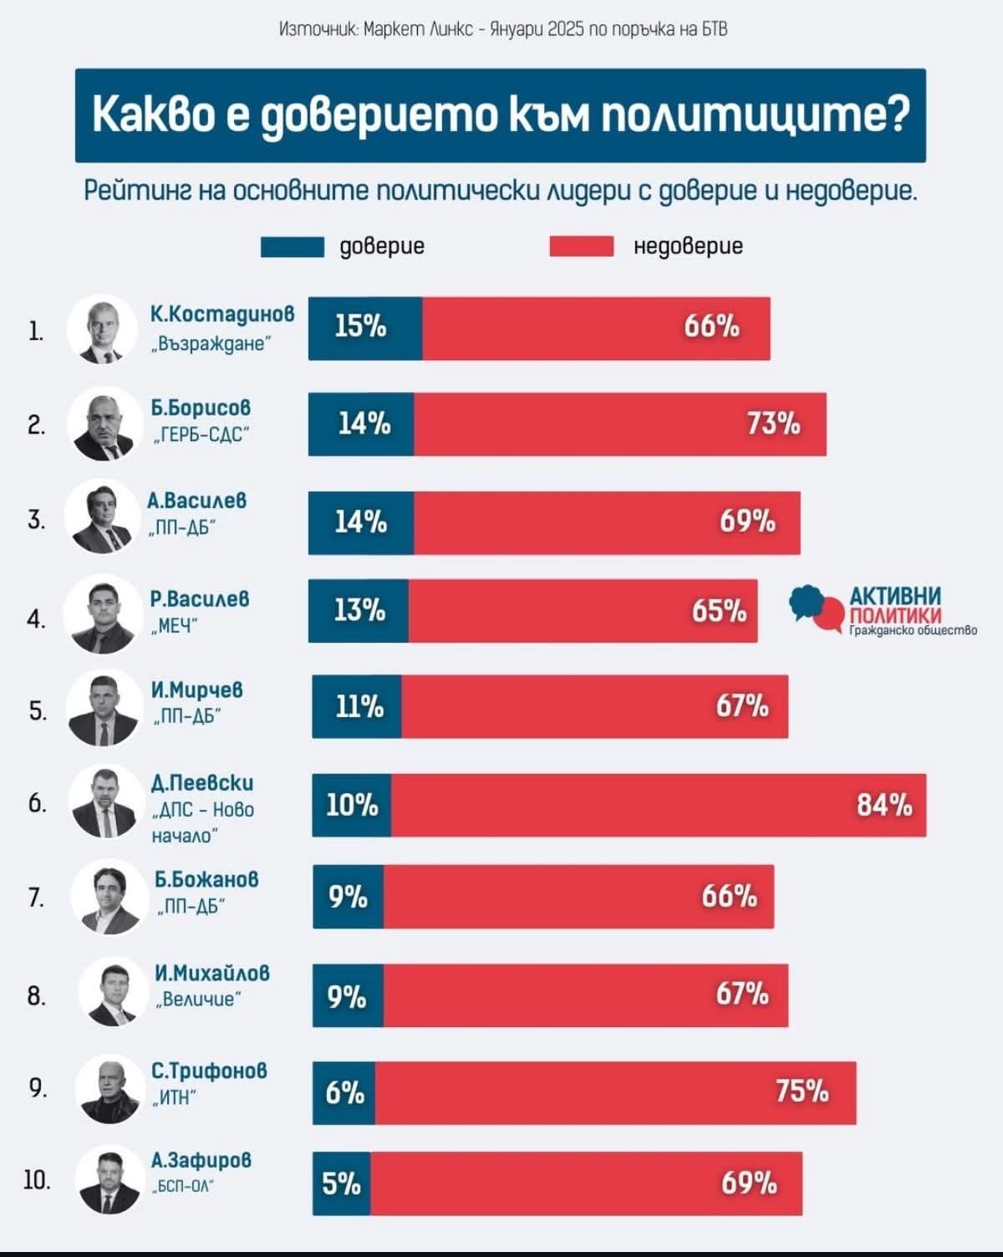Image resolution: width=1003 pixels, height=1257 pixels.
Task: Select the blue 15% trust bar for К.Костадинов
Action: tap(364, 328)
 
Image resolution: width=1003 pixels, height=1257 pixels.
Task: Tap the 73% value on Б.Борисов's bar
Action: tap(773, 424)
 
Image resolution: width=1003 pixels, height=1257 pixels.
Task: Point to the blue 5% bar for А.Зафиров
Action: tap(341, 1183)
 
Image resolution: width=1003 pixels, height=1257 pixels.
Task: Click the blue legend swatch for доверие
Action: tap(292, 247)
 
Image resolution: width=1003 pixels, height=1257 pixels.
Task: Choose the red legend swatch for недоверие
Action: tap(581, 247)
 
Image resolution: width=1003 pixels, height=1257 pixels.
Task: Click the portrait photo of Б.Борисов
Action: tap(103, 425)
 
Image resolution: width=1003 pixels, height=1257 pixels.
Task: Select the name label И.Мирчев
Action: tap(197, 690)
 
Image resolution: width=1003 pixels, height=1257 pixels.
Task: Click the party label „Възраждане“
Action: tap(211, 344)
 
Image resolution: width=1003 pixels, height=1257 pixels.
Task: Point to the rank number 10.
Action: tap(37, 1180)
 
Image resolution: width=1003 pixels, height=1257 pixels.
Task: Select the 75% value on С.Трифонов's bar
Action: tap(802, 1092)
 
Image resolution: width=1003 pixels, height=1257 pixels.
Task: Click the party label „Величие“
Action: tap(199, 999)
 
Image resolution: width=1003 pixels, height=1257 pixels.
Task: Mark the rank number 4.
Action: tap(36, 619)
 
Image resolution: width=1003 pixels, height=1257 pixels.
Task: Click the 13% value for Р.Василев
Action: tap(359, 611)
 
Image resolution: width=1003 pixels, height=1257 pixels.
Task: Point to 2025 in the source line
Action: tap(566, 29)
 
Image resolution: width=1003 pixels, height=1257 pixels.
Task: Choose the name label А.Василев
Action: tap(197, 501)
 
